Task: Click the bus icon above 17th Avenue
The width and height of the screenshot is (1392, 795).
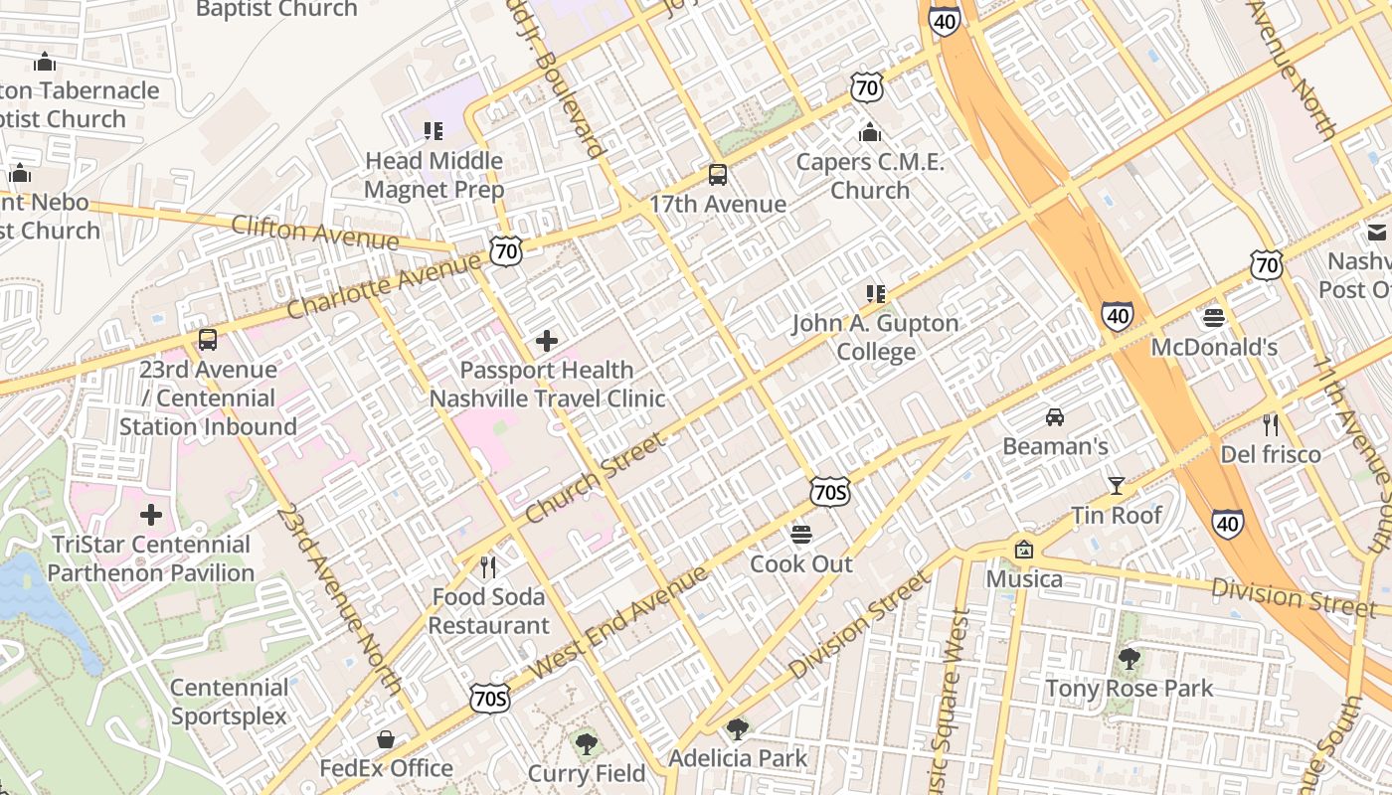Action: point(717,175)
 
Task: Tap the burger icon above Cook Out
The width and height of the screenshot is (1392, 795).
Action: point(801,535)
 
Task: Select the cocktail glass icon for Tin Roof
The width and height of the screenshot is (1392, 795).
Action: point(1117,486)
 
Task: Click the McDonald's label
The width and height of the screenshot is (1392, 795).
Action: point(1214,348)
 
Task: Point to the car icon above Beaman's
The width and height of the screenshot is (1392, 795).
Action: point(1055,417)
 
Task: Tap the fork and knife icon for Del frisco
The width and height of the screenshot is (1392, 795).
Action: point(1270,425)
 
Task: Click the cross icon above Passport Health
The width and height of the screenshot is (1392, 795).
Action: point(546,341)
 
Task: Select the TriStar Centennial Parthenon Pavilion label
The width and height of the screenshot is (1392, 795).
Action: point(151,558)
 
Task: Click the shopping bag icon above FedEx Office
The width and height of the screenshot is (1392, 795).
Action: point(386,739)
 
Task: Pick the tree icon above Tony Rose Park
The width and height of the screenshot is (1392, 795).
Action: point(1129,659)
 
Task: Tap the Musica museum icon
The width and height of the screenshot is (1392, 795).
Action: point(1023,550)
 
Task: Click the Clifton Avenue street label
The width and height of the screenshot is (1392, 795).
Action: point(314,233)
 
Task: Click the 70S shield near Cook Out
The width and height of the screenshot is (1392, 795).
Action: point(829,491)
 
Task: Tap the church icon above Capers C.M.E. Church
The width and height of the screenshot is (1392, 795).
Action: point(870,132)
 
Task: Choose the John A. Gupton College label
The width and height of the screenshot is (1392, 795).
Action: point(875,338)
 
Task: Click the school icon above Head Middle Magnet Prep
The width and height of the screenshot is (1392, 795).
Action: point(433,131)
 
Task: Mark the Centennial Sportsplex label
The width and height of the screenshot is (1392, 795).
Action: point(229,702)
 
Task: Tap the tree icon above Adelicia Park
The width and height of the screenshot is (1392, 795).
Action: point(737,729)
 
